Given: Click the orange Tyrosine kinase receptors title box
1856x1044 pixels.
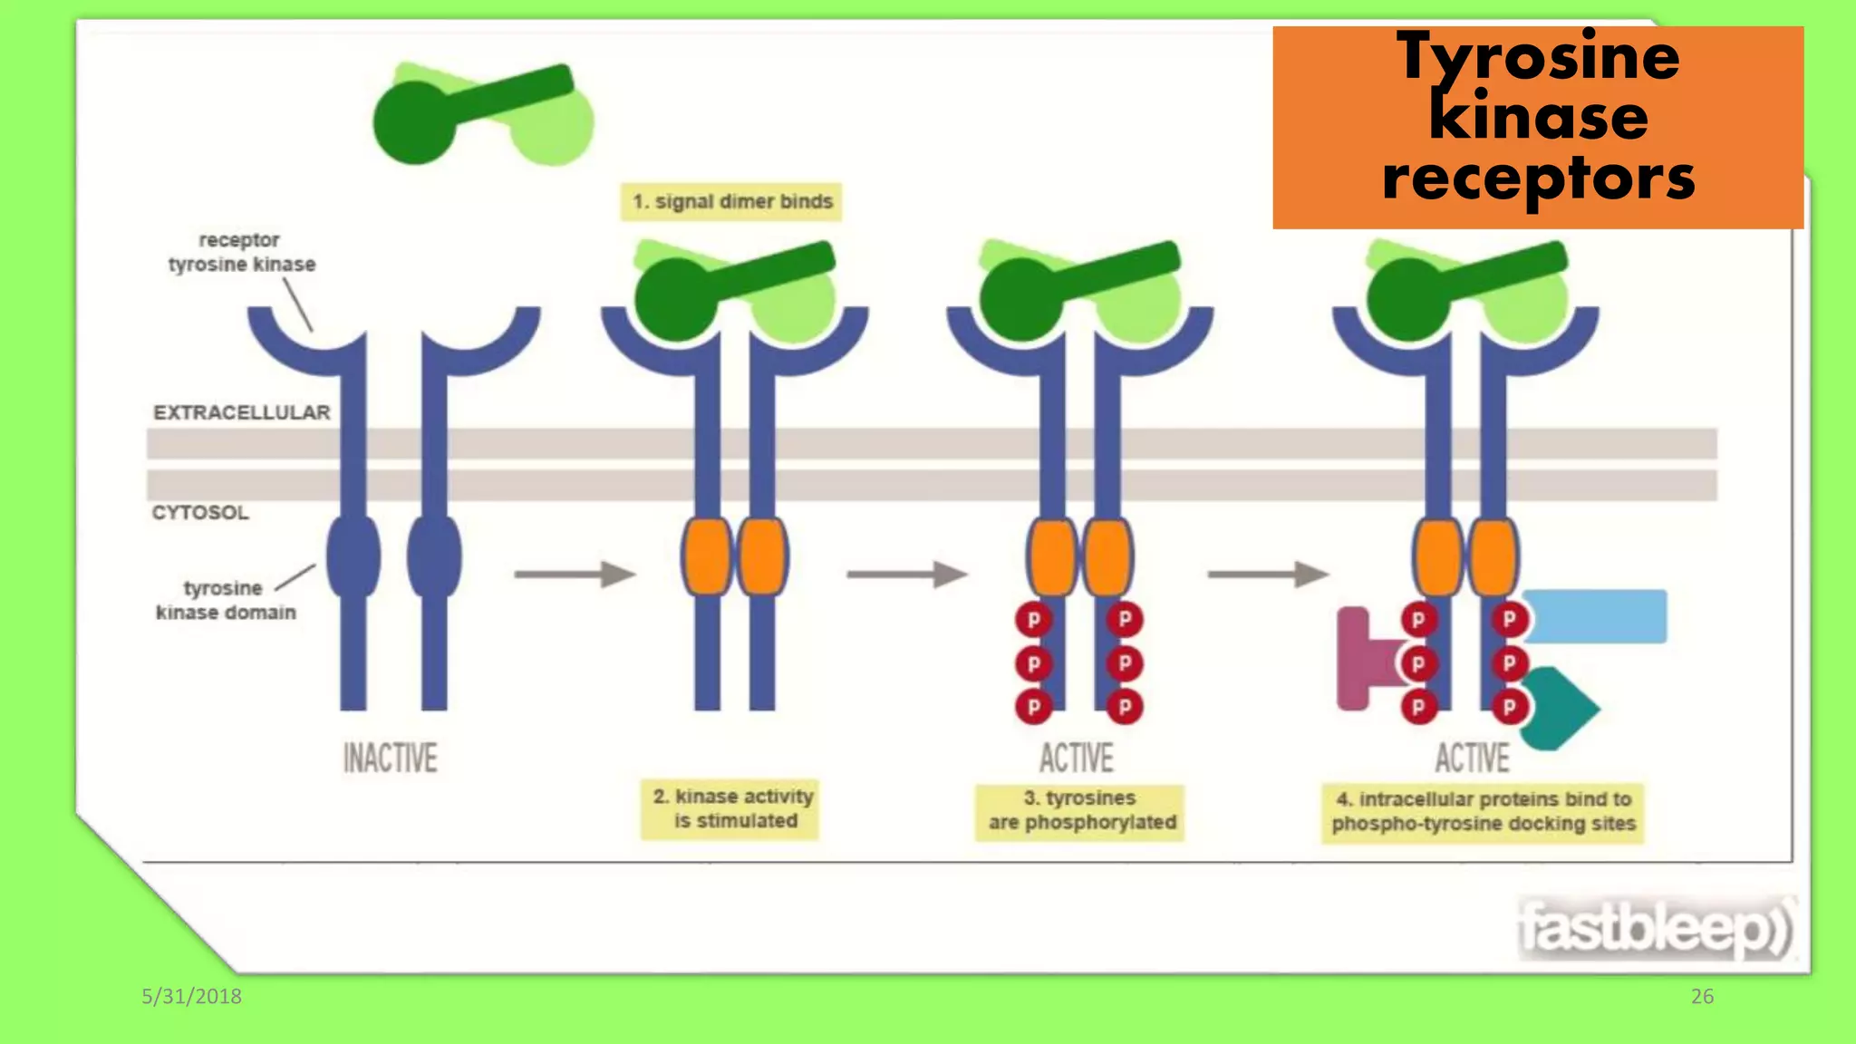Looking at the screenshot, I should click(1537, 127).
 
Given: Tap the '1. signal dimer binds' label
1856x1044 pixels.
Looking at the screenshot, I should click(731, 201).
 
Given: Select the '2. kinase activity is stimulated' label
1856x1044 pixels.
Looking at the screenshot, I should click(730, 808).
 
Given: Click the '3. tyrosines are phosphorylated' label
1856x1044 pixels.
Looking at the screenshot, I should click(1080, 810).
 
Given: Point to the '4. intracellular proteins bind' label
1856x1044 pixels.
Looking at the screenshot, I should click(1483, 811).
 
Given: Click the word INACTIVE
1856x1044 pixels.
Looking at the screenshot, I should click(390, 759).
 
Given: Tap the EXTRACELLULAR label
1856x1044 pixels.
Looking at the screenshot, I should click(241, 412).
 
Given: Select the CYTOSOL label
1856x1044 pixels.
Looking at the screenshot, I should click(199, 513).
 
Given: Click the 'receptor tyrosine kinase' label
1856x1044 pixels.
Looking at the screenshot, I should click(241, 252).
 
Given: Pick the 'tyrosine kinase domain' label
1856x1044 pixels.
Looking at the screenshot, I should click(225, 600).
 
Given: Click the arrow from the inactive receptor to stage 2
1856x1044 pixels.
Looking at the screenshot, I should click(574, 575).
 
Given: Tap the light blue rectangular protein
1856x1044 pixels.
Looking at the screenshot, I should click(1595, 616).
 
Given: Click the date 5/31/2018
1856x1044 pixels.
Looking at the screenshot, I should click(191, 996).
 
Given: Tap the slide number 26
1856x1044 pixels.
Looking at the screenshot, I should click(1702, 996).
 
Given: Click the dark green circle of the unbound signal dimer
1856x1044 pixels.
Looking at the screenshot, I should click(414, 123).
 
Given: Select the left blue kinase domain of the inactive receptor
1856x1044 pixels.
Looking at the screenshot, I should click(353, 556).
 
